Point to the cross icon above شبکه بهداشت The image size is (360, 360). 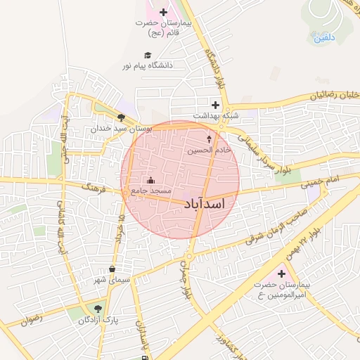click(216, 105)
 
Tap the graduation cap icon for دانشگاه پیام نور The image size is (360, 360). click(148, 55)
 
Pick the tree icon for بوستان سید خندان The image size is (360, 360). click(122, 118)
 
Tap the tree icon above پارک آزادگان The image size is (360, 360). click(98, 309)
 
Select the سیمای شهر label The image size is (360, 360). click(112, 281)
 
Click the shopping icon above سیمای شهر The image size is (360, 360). click(112, 269)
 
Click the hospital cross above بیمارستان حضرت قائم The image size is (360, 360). click(164, 12)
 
